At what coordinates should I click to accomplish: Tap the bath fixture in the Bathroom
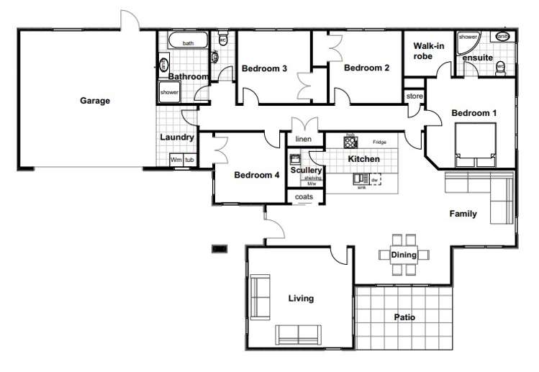(188, 43)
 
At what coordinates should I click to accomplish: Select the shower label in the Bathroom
(169, 93)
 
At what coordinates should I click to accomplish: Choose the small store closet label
(414, 95)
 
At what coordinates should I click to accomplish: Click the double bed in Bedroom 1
(474, 143)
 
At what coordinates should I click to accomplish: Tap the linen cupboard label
(303, 138)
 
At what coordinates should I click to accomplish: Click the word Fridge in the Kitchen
(379, 142)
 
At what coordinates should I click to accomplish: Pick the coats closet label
(303, 197)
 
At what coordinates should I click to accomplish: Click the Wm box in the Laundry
(176, 160)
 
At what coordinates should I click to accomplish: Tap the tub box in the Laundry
(189, 160)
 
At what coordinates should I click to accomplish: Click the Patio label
(404, 317)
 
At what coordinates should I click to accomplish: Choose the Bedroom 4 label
(257, 175)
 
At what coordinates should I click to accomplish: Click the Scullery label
(305, 171)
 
